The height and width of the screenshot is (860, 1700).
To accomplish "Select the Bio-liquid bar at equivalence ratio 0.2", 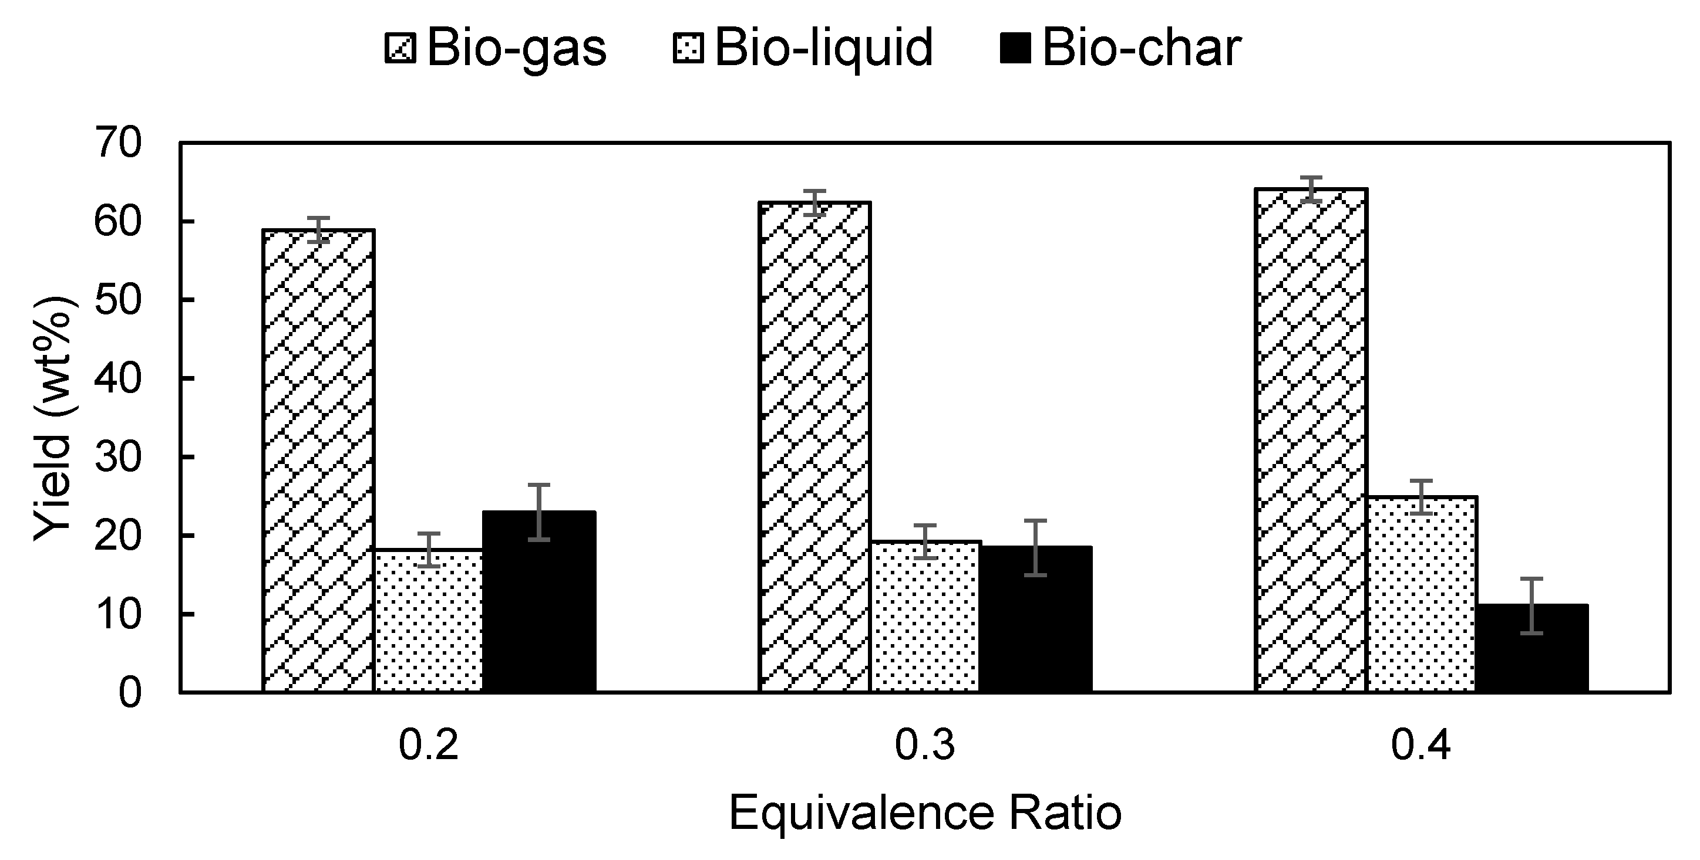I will click(429, 620).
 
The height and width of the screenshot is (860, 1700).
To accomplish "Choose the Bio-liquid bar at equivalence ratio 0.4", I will click(1422, 594).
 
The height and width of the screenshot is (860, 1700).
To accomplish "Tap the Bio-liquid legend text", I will click(824, 48).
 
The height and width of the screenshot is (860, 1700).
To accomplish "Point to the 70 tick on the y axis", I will click(119, 143).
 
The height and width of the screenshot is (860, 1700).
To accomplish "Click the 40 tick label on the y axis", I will click(119, 378).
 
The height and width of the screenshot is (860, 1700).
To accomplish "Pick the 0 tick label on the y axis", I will click(130, 693).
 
